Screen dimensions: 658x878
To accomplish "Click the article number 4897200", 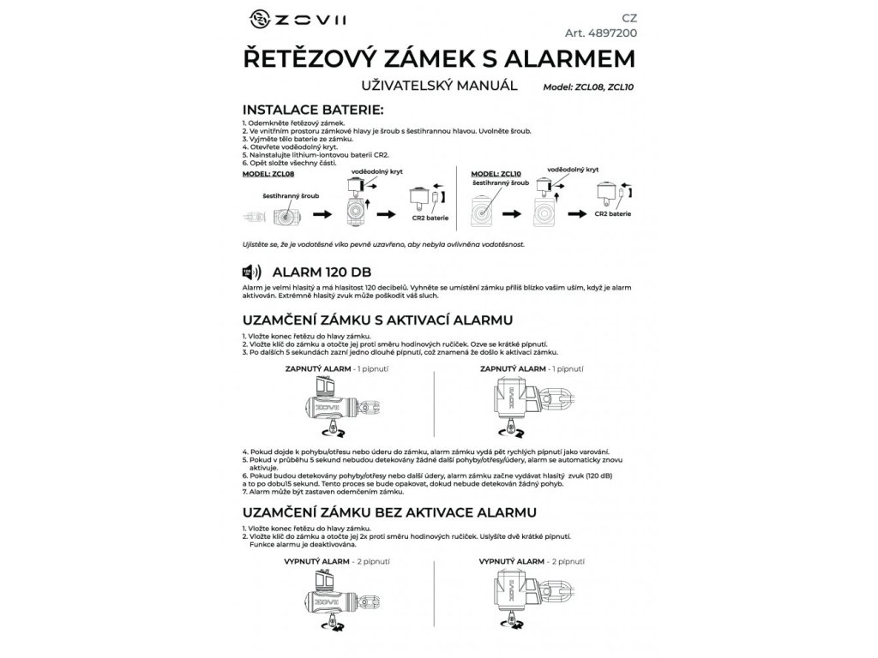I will (x=601, y=33).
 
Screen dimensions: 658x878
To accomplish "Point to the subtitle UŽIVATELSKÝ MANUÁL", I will (x=439, y=85).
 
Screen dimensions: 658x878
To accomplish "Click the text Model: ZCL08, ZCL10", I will (x=593, y=87).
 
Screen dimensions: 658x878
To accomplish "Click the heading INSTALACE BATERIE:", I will (x=314, y=110).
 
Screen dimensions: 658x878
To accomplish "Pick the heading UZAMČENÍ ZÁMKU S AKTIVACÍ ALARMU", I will (x=379, y=320).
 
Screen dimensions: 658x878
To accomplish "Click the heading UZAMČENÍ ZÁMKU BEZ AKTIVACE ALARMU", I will (x=390, y=512).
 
